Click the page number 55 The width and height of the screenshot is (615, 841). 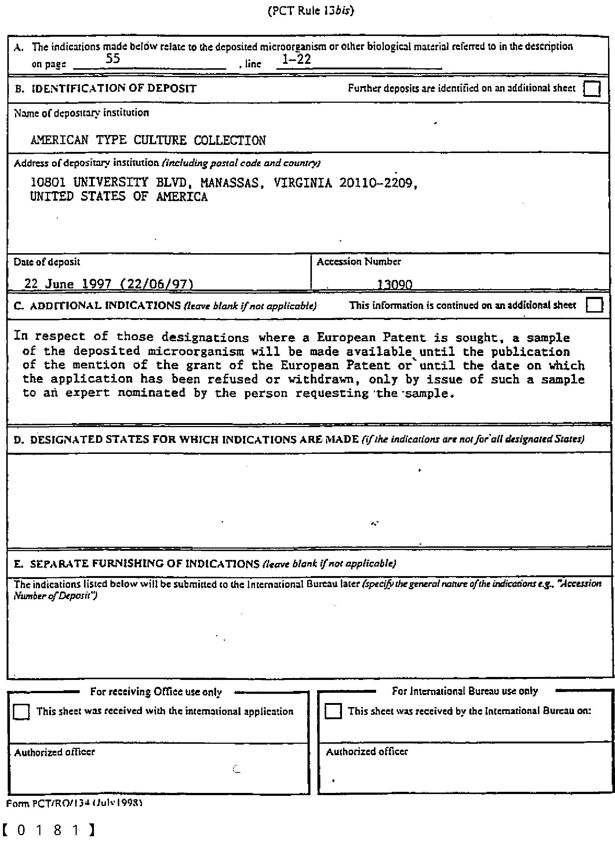pyautogui.click(x=113, y=59)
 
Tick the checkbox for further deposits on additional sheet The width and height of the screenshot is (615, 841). pyautogui.click(x=592, y=89)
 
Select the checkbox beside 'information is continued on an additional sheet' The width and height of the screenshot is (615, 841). pyautogui.click(x=594, y=306)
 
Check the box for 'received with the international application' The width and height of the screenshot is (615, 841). pyautogui.click(x=21, y=712)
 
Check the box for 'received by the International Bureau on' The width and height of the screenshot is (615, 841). pyautogui.click(x=333, y=711)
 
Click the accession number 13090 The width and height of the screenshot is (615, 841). pyautogui.click(x=394, y=285)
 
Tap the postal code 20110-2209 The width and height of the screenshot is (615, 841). pyautogui.click(x=376, y=183)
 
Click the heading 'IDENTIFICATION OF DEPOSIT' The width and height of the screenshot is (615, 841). pyautogui.click(x=113, y=88)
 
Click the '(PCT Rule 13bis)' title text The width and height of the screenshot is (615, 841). pyautogui.click(x=311, y=10)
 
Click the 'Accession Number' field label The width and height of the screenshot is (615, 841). pyautogui.click(x=359, y=262)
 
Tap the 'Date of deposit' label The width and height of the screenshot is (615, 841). pyautogui.click(x=47, y=262)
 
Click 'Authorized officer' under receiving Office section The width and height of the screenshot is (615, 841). pyautogui.click(x=54, y=753)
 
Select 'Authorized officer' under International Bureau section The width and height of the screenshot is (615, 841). pyautogui.click(x=367, y=751)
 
